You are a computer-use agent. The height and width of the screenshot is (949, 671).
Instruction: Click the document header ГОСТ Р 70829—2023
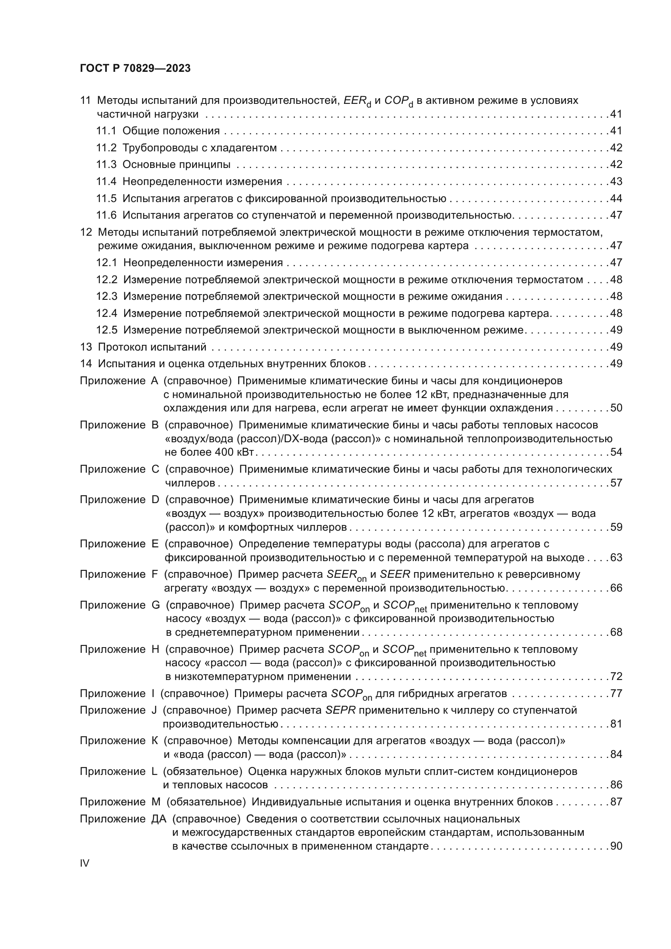click(135, 69)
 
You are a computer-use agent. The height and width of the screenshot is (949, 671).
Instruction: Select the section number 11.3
click(107, 164)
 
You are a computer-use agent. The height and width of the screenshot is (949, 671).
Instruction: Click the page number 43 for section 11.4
click(616, 181)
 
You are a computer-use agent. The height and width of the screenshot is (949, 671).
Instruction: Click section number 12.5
click(107, 330)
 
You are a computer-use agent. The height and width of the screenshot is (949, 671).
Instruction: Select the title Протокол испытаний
click(152, 347)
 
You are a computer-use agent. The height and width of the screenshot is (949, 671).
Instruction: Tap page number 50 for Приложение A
click(616, 408)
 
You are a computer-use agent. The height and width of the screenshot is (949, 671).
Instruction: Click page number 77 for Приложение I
click(616, 693)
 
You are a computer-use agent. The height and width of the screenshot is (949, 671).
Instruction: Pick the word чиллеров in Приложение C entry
click(190, 483)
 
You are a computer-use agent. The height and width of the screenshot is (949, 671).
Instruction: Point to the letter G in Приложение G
click(156, 605)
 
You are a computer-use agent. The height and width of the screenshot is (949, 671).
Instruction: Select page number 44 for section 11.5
click(616, 198)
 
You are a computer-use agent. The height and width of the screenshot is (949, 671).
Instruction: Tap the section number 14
click(86, 364)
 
